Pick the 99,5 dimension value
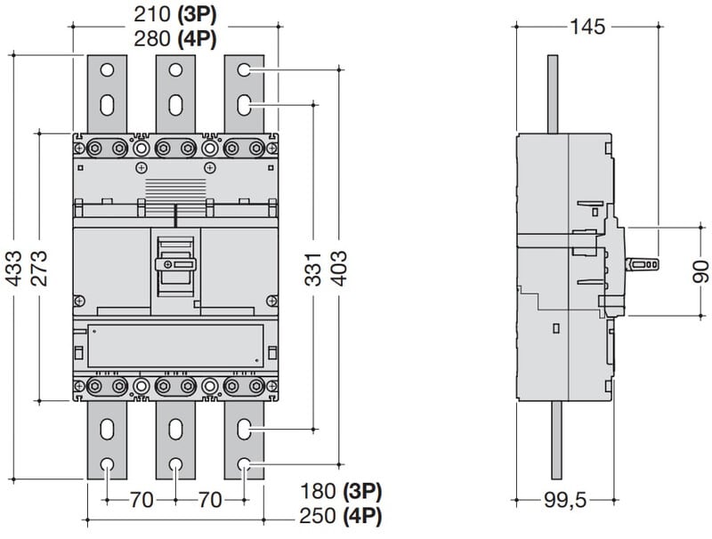pos(565,502)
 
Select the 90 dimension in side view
pos(701,271)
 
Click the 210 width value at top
pos(152,15)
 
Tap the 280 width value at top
pos(152,38)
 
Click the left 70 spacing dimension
pos(142,501)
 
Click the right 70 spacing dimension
pos(210,501)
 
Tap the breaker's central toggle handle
pos(175,264)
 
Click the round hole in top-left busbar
pos(107,69)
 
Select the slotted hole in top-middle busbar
pos(175,103)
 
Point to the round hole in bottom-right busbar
pos(244,463)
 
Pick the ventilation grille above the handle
pos(175,189)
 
